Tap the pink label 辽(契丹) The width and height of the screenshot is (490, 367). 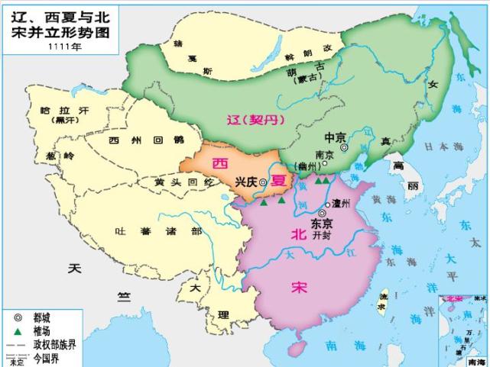click(x=255, y=120)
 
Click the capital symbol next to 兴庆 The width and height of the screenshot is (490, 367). click(x=263, y=182)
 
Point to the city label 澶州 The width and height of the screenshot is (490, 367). click(x=337, y=204)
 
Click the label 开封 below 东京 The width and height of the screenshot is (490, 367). click(x=320, y=236)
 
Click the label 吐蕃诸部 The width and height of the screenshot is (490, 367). click(x=158, y=231)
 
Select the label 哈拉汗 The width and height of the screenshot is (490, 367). click(x=64, y=111)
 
